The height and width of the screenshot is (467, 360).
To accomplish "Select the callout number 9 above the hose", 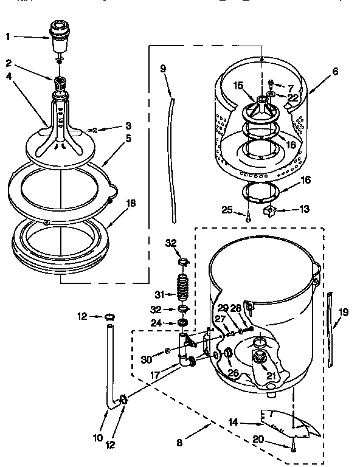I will (163, 69).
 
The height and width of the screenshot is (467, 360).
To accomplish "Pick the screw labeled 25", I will (248, 214).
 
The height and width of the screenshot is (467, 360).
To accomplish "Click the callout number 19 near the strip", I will (344, 313).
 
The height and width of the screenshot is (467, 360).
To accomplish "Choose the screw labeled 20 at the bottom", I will (293, 449).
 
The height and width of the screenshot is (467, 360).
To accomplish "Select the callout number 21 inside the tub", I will (271, 376).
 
